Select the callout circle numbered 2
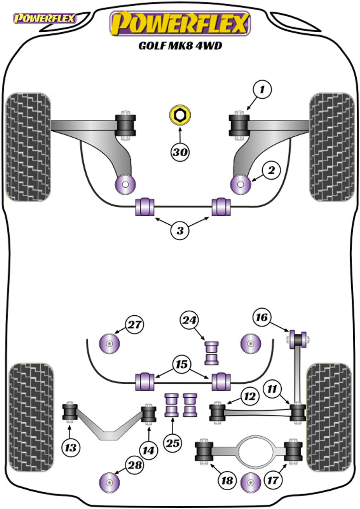coord(271,171)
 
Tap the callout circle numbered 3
coord(180,231)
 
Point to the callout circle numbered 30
coord(180,152)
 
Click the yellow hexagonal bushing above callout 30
coord(180,115)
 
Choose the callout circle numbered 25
coord(174,443)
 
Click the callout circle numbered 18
coord(227,481)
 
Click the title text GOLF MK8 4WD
coord(180,45)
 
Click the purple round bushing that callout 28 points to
coord(109,482)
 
